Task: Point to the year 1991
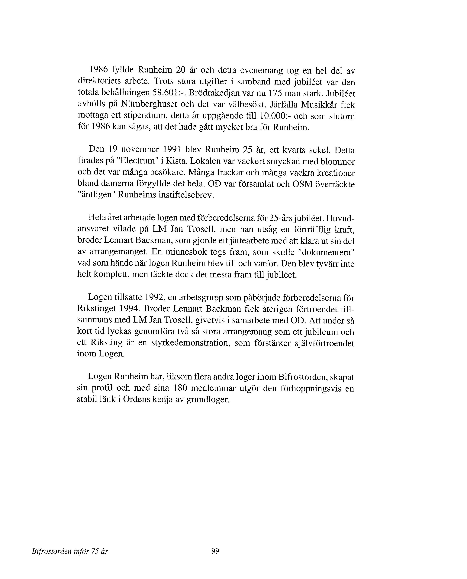pyautogui.click(x=172, y=149)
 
